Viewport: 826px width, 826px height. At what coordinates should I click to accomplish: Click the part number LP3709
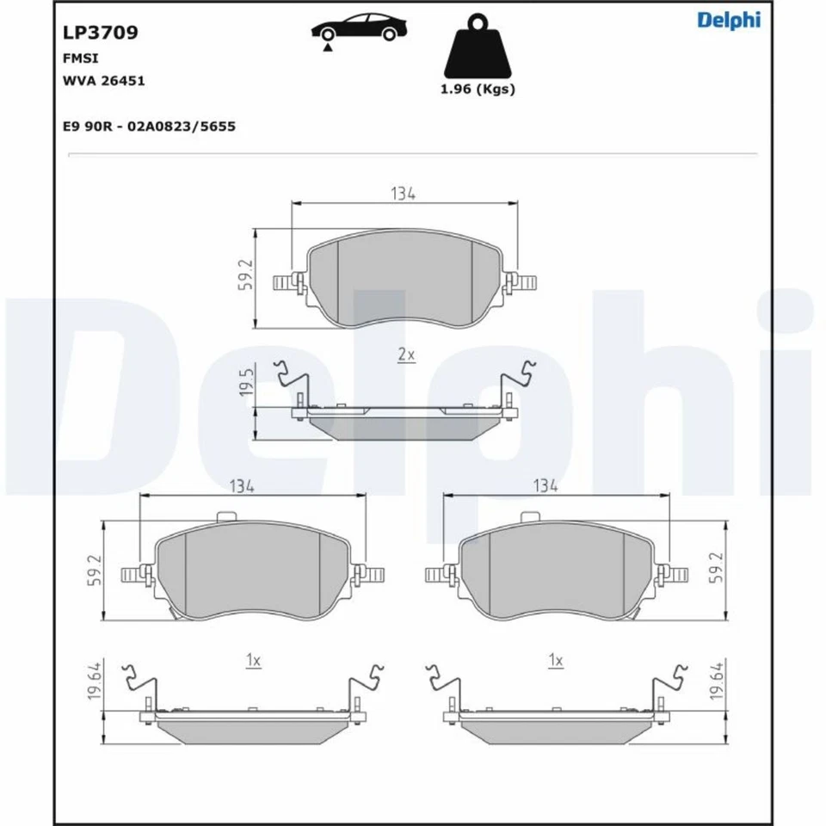tap(101, 33)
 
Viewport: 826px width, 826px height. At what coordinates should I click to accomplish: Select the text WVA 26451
tap(103, 81)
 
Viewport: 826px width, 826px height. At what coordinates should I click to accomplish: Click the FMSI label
tap(79, 59)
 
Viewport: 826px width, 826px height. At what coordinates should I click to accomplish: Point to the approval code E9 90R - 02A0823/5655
tap(149, 126)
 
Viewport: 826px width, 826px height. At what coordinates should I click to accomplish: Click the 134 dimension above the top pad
tap(403, 194)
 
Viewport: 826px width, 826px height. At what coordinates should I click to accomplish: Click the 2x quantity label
tap(406, 354)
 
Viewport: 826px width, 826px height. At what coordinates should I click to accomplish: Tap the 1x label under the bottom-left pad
tap(252, 660)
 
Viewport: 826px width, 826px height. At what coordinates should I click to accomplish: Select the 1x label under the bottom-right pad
tap(555, 660)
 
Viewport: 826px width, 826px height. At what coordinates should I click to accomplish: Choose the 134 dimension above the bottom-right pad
tap(545, 486)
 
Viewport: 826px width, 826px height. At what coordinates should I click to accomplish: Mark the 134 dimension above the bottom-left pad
tap(242, 486)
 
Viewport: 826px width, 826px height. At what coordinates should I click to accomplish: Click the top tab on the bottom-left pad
tap(227, 517)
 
